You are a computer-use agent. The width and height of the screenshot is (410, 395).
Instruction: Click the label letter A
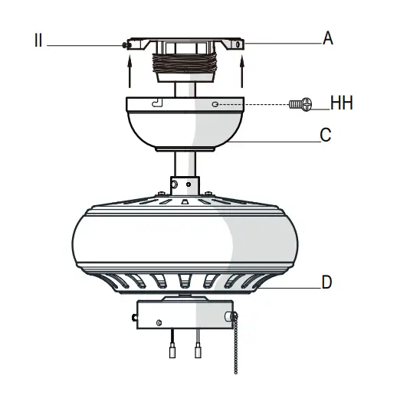click(328, 38)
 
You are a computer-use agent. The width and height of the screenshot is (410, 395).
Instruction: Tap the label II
click(38, 41)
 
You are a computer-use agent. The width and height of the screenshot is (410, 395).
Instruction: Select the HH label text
click(342, 103)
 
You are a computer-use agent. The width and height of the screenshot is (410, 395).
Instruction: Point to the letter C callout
click(326, 135)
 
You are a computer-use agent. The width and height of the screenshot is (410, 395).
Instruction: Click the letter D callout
click(326, 282)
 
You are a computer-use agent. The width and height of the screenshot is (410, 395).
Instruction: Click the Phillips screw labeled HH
click(300, 105)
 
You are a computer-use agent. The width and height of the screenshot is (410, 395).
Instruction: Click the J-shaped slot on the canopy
click(157, 103)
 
